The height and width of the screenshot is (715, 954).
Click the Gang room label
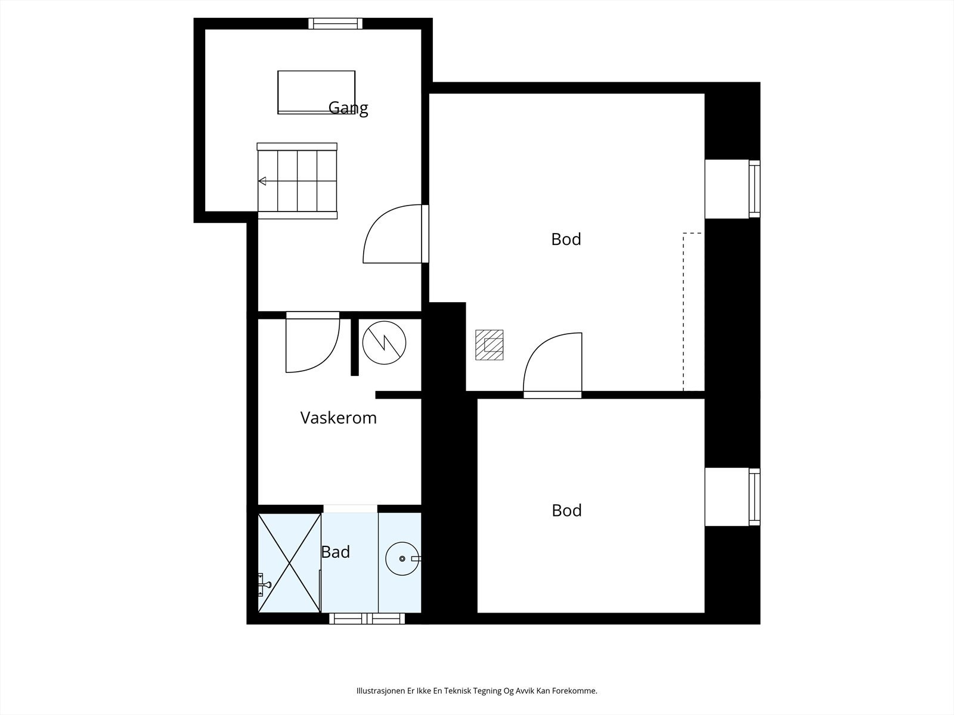tap(348, 108)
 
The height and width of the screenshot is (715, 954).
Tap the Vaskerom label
tap(339, 418)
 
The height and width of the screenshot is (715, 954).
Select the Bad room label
tap(336, 552)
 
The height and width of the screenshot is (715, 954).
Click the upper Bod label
tap(566, 239)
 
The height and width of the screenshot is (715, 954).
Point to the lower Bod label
tap(567, 511)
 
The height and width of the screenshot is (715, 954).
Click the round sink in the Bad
tap(402, 559)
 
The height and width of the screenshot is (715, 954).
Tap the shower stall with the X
tap(289, 563)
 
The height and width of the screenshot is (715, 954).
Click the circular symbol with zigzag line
tap(384, 343)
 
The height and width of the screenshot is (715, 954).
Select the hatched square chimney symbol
tap(490, 345)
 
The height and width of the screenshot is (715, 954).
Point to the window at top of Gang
tap(336, 23)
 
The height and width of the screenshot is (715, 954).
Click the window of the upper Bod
tap(754, 189)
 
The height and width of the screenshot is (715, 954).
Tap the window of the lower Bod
tap(754, 497)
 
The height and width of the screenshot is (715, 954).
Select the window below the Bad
tap(367, 618)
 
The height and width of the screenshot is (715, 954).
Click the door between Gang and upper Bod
tap(396, 234)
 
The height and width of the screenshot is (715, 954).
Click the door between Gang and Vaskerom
tap(312, 342)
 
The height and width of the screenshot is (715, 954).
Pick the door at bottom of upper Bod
tap(552, 365)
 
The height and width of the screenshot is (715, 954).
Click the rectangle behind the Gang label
tap(317, 92)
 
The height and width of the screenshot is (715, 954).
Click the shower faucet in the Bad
tap(264, 585)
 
